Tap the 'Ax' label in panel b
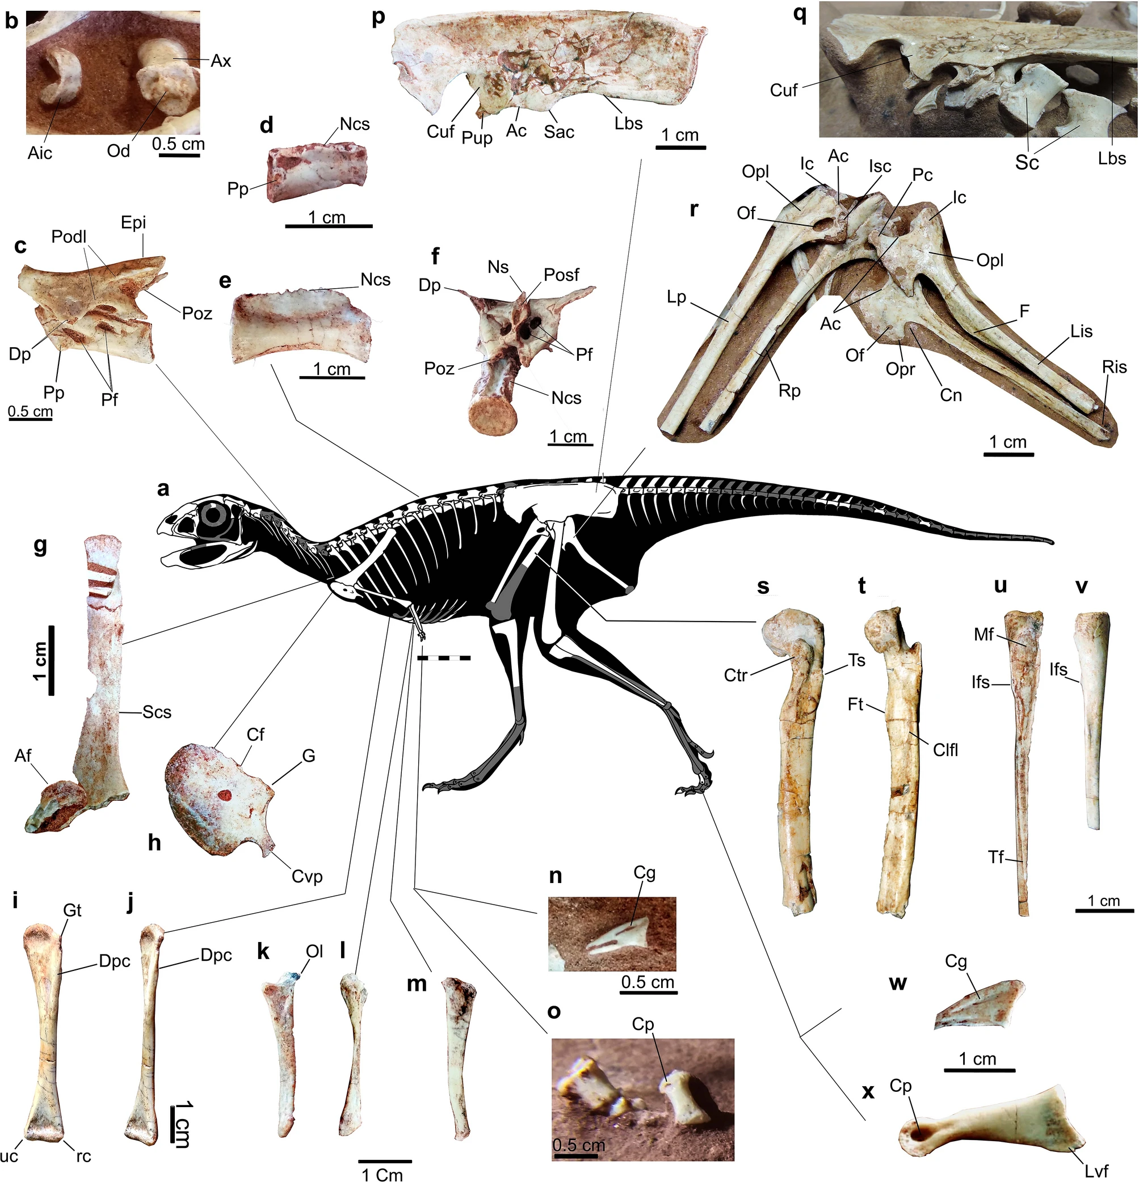[x=221, y=61]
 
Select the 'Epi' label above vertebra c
[x=133, y=222]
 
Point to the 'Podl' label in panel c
[x=69, y=237]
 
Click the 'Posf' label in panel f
[x=561, y=275]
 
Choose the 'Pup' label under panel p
[x=477, y=138]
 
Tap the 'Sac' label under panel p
[x=558, y=132]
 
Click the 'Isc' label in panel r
[x=880, y=166]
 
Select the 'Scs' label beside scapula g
[x=157, y=712]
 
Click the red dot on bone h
[x=224, y=795]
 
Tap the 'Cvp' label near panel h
[x=307, y=876]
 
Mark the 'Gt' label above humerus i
[x=73, y=910]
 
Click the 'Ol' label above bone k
[x=314, y=951]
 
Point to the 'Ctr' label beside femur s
[x=735, y=676]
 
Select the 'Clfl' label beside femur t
[x=945, y=750]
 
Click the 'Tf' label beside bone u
[x=995, y=856]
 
